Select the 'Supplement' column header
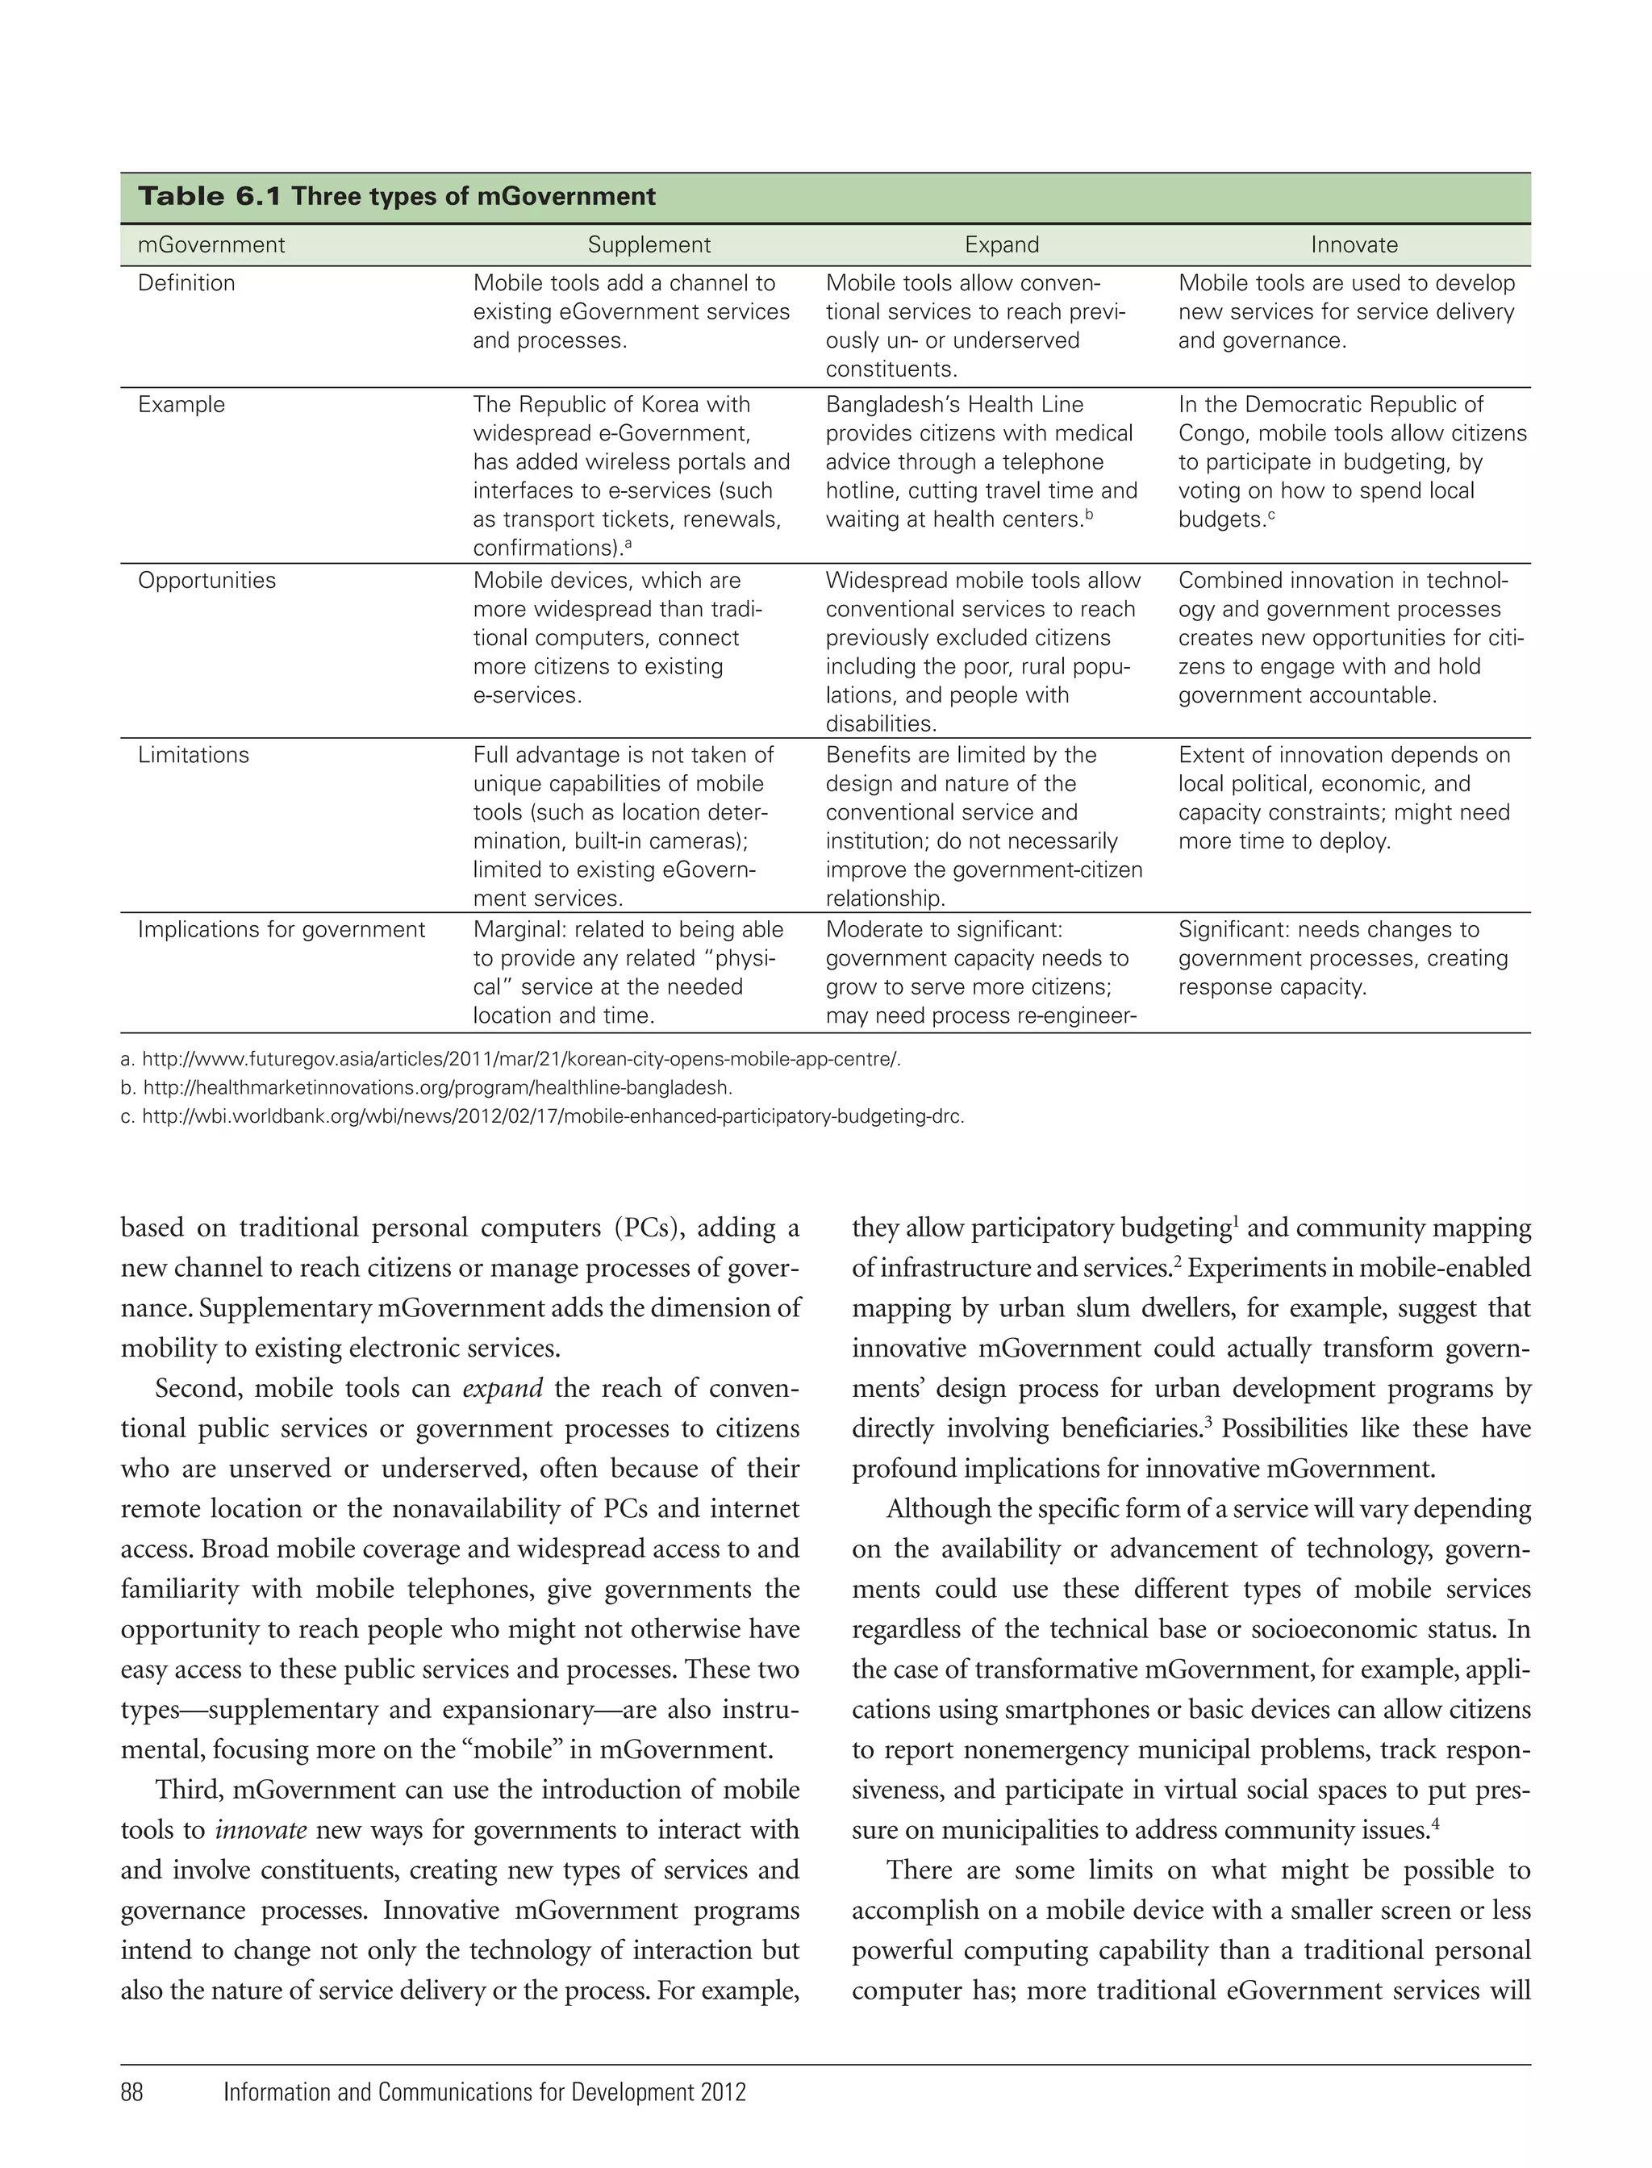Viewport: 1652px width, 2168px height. point(649,245)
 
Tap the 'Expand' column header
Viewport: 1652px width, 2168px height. point(1001,245)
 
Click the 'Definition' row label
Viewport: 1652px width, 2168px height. point(187,283)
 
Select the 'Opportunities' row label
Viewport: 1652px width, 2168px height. point(206,580)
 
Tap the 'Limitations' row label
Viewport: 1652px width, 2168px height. point(194,755)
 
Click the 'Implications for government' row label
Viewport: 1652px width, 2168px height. point(282,930)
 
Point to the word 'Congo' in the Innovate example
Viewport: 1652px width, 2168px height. point(1212,434)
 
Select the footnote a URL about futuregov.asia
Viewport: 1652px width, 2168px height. point(521,1060)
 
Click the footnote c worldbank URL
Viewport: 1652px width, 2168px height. point(553,1117)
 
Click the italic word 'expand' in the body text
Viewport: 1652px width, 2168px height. point(503,1388)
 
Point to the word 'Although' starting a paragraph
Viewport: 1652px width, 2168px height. point(935,1509)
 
